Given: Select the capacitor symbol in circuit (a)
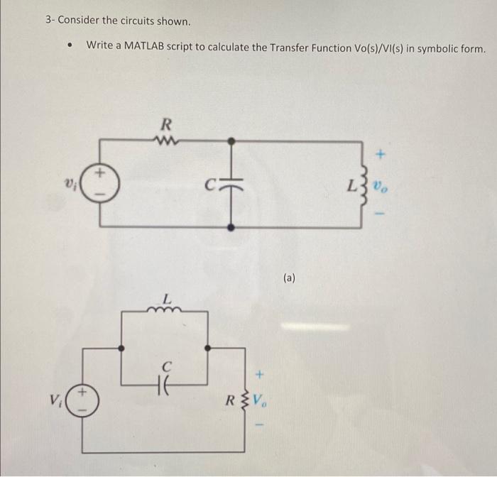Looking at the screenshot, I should pyautogui.click(x=231, y=184).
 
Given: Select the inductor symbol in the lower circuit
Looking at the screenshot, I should pyautogui.click(x=166, y=309).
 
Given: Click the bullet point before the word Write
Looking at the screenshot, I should pyautogui.click(x=69, y=48).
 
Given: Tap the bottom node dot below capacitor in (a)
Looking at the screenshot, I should pyautogui.click(x=231, y=226).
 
